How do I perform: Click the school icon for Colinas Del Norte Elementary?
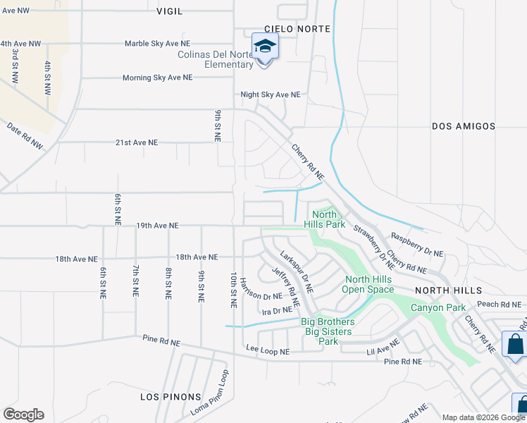click(266, 47)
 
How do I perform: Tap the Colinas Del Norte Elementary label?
click(215, 60)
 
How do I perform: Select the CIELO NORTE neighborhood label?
click(287, 29)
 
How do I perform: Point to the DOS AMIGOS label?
click(463, 126)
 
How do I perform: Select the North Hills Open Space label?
click(368, 284)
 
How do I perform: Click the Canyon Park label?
click(438, 307)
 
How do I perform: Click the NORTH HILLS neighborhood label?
click(448, 290)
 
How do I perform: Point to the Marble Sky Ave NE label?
click(157, 44)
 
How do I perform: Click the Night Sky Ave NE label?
click(270, 94)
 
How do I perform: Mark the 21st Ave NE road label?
click(137, 142)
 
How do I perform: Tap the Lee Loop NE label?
click(267, 350)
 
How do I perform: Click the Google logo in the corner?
click(23, 415)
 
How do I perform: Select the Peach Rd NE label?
click(499, 305)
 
